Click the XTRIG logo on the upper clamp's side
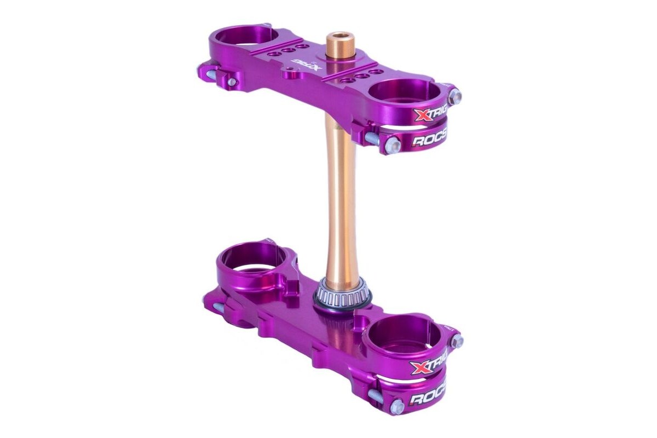(x=430, y=115)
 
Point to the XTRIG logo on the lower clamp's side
(x=430, y=365)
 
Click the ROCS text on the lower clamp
(x=428, y=397)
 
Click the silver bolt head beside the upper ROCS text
(x=392, y=145)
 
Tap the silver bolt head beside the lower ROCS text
(x=396, y=406)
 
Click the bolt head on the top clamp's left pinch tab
(x=232, y=82)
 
